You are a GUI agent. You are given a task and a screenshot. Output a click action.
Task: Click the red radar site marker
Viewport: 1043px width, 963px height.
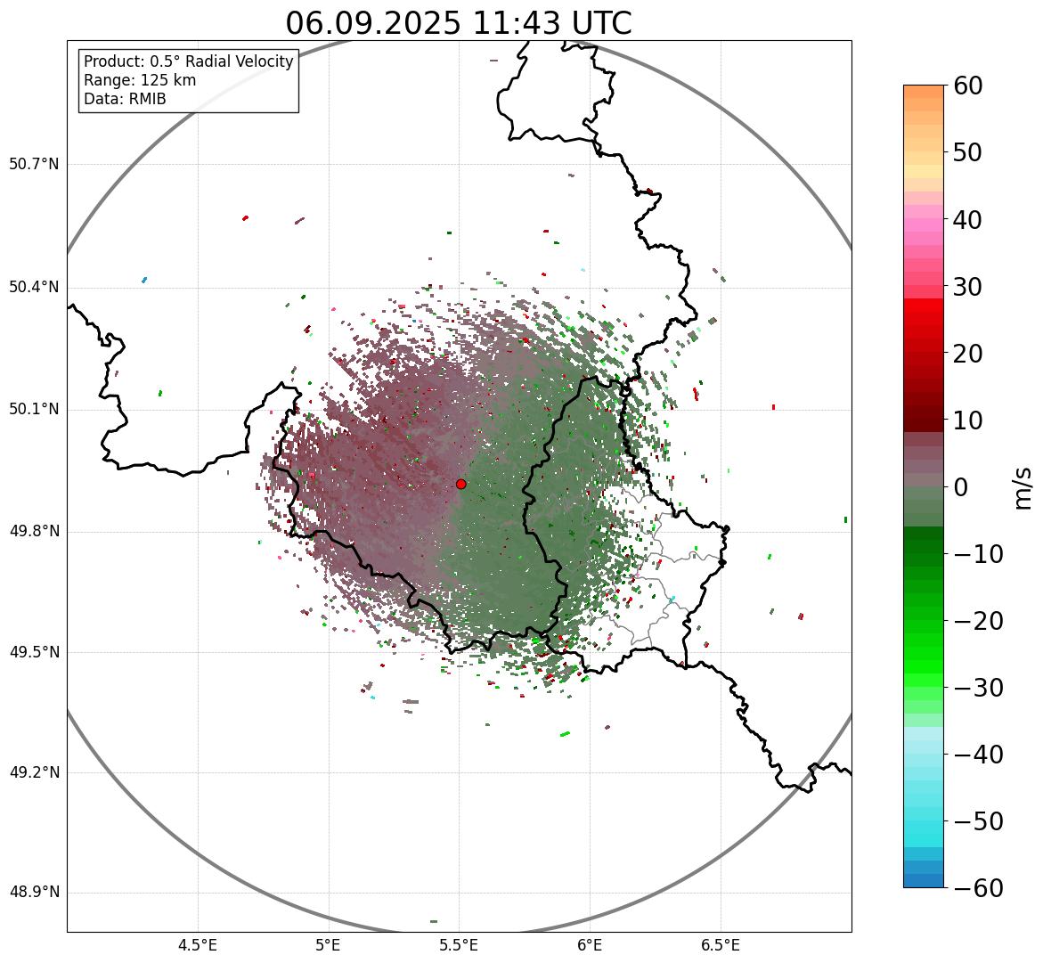point(460,484)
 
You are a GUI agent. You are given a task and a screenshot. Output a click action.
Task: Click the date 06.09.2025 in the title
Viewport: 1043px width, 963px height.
point(372,23)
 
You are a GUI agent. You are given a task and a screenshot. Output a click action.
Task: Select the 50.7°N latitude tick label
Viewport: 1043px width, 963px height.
point(34,165)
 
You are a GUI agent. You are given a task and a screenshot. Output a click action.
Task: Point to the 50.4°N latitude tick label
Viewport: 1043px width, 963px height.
point(34,288)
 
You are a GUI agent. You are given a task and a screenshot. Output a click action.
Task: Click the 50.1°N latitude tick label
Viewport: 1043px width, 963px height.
point(34,410)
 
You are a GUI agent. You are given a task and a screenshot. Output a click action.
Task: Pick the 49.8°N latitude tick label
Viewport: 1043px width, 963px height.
point(34,532)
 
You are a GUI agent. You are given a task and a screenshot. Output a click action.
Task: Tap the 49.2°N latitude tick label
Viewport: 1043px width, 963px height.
point(34,772)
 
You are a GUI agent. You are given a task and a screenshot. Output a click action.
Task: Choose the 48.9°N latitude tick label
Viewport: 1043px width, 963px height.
point(34,893)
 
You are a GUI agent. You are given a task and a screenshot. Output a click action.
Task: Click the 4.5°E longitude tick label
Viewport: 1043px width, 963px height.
point(198,945)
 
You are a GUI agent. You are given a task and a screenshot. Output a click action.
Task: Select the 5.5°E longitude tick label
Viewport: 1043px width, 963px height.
point(459,945)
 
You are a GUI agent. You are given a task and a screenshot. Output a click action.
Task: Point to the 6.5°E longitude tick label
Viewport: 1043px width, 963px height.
point(720,945)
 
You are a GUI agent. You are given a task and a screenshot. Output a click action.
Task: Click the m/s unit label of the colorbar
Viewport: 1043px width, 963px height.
point(1023,487)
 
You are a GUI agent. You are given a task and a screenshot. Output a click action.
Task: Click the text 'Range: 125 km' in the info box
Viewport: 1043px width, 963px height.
point(140,80)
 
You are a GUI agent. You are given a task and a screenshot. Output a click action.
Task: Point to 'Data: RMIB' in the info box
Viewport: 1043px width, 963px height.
point(125,99)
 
